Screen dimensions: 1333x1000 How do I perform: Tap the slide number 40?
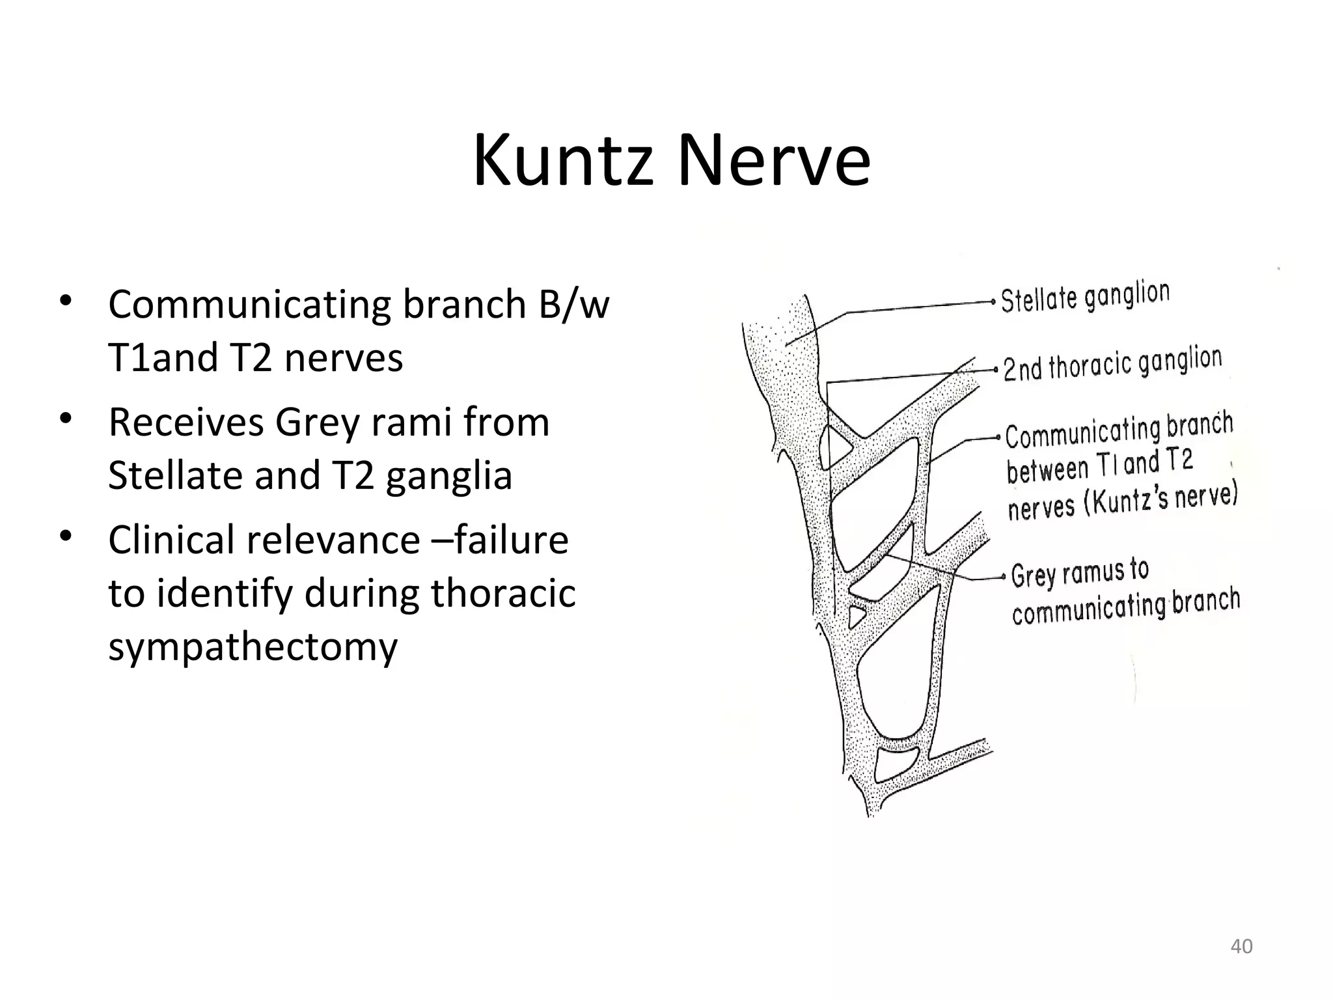point(1241,946)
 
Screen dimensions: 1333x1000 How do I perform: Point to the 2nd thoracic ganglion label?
point(1112,364)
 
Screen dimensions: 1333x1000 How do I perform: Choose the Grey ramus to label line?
point(1080,572)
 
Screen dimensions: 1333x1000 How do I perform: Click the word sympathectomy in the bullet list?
point(253,646)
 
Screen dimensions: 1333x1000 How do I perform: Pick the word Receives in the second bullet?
point(186,422)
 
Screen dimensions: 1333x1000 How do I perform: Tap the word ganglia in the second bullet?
point(449,475)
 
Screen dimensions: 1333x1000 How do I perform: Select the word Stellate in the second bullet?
point(176,475)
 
